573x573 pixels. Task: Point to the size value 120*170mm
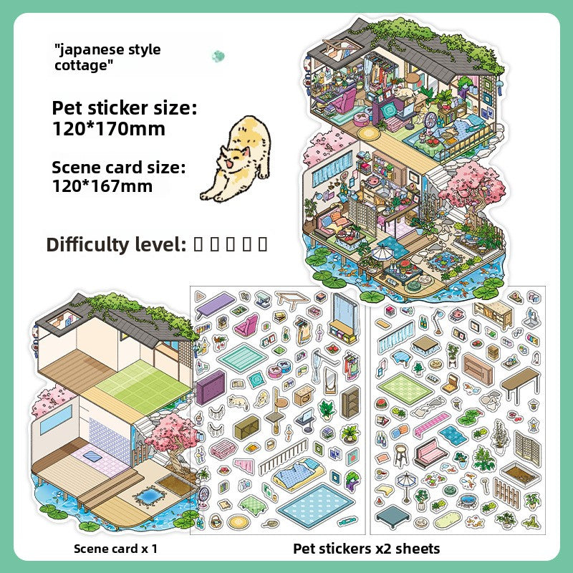108,129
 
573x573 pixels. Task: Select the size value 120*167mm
102,186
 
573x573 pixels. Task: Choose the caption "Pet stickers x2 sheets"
366,549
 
